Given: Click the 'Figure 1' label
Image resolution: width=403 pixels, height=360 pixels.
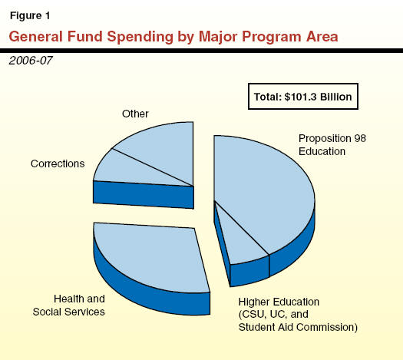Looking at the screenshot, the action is (30, 16).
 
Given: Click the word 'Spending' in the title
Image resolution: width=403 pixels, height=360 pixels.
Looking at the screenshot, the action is (140, 37).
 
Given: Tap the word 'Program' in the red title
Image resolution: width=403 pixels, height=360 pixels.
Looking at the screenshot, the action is (272, 37).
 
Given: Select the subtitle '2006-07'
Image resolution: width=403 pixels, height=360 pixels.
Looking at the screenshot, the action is (31, 61).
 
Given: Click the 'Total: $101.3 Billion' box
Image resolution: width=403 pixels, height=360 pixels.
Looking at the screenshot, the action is (303, 97).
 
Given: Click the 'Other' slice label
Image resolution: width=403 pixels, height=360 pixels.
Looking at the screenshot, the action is (135, 114).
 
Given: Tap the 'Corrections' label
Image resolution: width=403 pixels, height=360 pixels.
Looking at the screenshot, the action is (58, 163).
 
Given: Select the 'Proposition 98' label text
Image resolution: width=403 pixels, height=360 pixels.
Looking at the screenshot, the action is (332, 138).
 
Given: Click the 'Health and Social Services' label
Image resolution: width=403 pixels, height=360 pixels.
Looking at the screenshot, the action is (69, 306).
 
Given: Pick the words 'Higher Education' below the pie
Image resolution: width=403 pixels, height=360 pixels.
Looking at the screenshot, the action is (279, 302).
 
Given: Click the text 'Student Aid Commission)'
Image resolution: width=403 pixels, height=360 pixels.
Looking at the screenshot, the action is (298, 327).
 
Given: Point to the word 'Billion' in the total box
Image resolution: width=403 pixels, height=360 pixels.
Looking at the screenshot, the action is (336, 97).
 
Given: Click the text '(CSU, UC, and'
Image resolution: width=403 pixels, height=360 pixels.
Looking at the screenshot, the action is (273, 315).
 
